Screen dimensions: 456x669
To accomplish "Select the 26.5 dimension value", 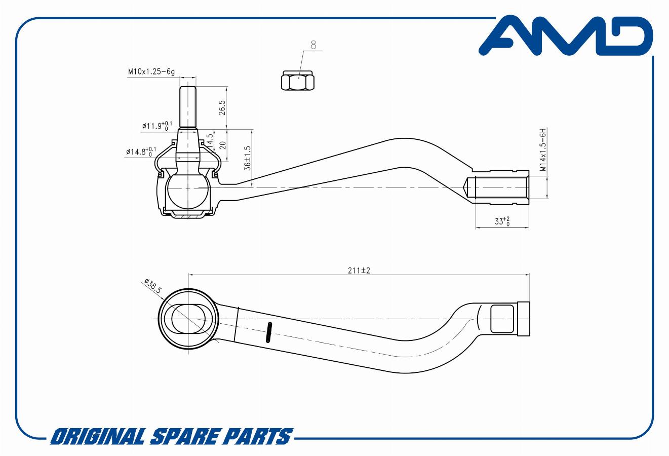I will coord(221,107).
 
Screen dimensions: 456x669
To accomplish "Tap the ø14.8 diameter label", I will coord(141,151).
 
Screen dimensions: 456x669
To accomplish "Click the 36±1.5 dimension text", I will coord(248,159).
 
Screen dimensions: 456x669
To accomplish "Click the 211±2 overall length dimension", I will coord(359,271).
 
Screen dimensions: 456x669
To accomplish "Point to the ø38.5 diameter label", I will coord(152,286).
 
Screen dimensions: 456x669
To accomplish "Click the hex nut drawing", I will coord(297,81).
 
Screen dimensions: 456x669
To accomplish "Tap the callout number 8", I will coord(313,46).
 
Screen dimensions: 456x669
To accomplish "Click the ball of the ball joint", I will coord(188,188).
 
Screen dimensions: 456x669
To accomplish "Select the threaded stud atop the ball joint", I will coord(188,106).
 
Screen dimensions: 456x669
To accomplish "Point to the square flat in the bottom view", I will coord(503,319).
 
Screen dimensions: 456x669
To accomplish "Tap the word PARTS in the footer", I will coord(257,436).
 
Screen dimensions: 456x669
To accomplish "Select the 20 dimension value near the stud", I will coord(221,144).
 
